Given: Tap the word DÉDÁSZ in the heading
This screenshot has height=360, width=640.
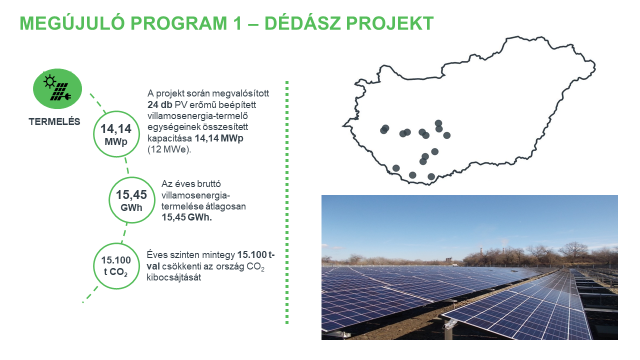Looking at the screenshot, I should [x=322, y=21].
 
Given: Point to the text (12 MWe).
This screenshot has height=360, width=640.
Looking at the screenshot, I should [x=172, y=149].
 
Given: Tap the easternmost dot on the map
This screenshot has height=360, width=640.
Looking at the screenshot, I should [x=448, y=134].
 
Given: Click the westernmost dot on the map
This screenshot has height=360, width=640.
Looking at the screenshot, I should [x=384, y=128].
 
